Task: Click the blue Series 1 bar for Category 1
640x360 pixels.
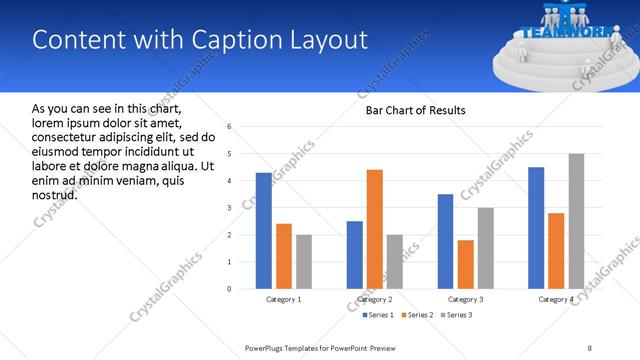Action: [x=263, y=231]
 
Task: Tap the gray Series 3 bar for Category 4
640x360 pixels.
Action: [x=576, y=221]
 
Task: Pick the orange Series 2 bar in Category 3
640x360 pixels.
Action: [x=466, y=264]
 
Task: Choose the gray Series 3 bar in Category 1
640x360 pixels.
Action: [x=303, y=262]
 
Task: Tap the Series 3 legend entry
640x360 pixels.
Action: [x=455, y=315]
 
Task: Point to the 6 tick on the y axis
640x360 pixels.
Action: [x=229, y=127]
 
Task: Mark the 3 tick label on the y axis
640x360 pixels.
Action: [x=229, y=208]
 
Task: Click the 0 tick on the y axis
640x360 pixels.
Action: [x=229, y=289]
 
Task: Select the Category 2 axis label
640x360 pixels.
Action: [x=375, y=299]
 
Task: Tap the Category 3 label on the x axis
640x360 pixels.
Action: [x=466, y=299]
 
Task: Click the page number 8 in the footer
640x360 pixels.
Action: [x=590, y=348]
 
